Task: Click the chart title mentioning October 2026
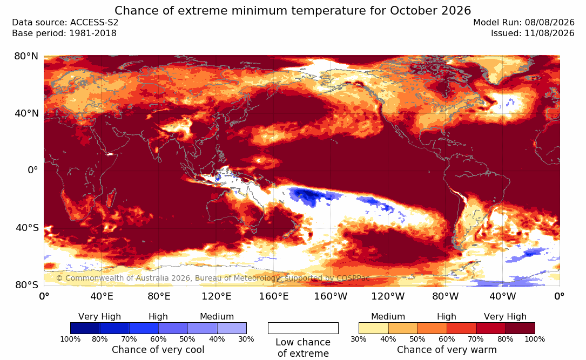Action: (x=293, y=10)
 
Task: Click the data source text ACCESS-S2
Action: (x=65, y=23)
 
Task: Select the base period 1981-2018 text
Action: (x=64, y=33)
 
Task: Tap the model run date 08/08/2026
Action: (x=523, y=23)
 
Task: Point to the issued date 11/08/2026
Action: (x=533, y=33)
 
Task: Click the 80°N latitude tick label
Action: (x=26, y=56)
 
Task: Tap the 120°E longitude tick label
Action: (x=217, y=296)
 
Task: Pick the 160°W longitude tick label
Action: (x=331, y=296)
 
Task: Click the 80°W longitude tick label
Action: (x=445, y=296)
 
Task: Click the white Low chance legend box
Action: (x=303, y=328)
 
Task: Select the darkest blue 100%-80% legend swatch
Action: (x=85, y=328)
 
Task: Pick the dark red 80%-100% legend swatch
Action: (x=520, y=328)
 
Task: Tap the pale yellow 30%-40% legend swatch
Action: (x=373, y=328)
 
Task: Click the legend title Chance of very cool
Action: (x=158, y=350)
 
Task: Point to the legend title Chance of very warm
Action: (x=447, y=350)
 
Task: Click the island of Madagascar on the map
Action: (x=111, y=198)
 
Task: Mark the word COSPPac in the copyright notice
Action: (x=353, y=278)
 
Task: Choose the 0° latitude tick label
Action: (x=33, y=171)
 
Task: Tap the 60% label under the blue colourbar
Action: (x=158, y=339)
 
